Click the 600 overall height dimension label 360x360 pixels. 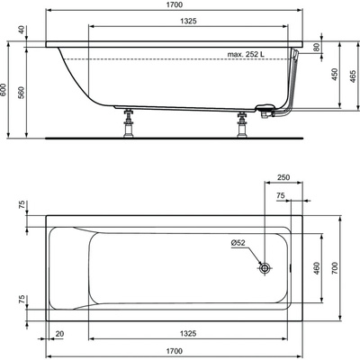click(4, 89)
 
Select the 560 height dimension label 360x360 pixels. click(22, 93)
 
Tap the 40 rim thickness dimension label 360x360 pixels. click(21, 30)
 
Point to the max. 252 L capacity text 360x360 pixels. click(246, 54)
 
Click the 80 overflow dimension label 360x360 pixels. click(317, 48)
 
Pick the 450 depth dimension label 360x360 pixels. click(335, 74)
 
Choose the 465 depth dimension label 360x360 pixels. click(353, 76)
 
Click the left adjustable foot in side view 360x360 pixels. click(129, 122)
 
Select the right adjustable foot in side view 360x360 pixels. click(241, 124)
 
